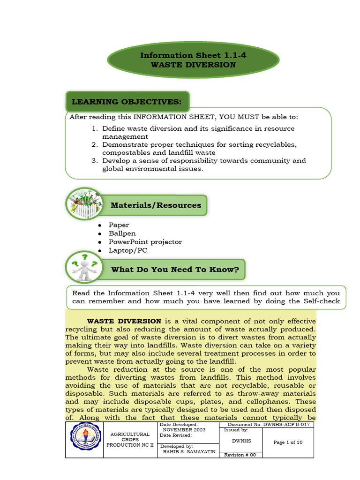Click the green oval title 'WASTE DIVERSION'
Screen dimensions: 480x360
pyautogui.click(x=193, y=60)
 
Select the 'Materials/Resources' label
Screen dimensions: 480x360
pyautogui.click(x=156, y=205)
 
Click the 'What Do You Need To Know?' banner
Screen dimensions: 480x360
pyautogui.click(x=175, y=270)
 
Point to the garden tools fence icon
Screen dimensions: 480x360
pyautogui.click(x=85, y=203)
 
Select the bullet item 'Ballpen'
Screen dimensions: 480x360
pyautogui.click(x=122, y=233)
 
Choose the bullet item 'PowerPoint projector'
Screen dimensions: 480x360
pyautogui.click(x=145, y=242)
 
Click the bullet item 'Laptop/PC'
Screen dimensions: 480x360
pyautogui.click(x=127, y=250)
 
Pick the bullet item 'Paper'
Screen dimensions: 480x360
pyautogui.click(x=119, y=225)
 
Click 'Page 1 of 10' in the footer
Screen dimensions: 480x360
pyautogui.click(x=288, y=442)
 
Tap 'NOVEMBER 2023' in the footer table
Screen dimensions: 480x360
pyautogui.click(x=184, y=429)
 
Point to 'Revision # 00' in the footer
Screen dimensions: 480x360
pyautogui.click(x=240, y=455)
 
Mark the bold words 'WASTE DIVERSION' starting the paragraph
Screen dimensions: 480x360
pyautogui.click(x=124, y=321)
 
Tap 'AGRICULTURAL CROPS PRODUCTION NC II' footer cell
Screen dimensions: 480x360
pyautogui.click(x=130, y=440)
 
